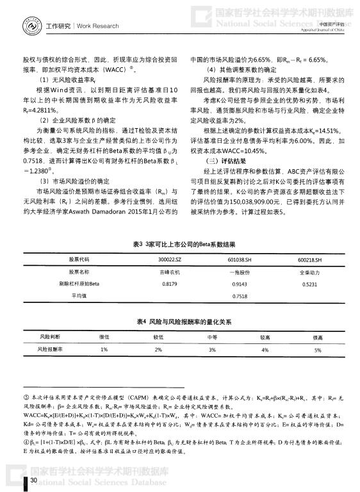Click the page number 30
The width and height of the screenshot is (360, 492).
point(33,479)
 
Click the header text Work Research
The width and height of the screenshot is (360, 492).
point(97,26)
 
